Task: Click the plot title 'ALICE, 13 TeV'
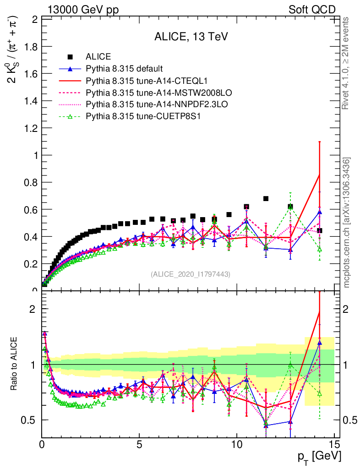coord(191,37)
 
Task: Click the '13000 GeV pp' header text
coord(83,10)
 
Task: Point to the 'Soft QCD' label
coord(312,10)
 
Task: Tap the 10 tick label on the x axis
coord(236,444)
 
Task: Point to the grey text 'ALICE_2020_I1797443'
coord(190,274)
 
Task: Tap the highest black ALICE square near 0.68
coord(266,199)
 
